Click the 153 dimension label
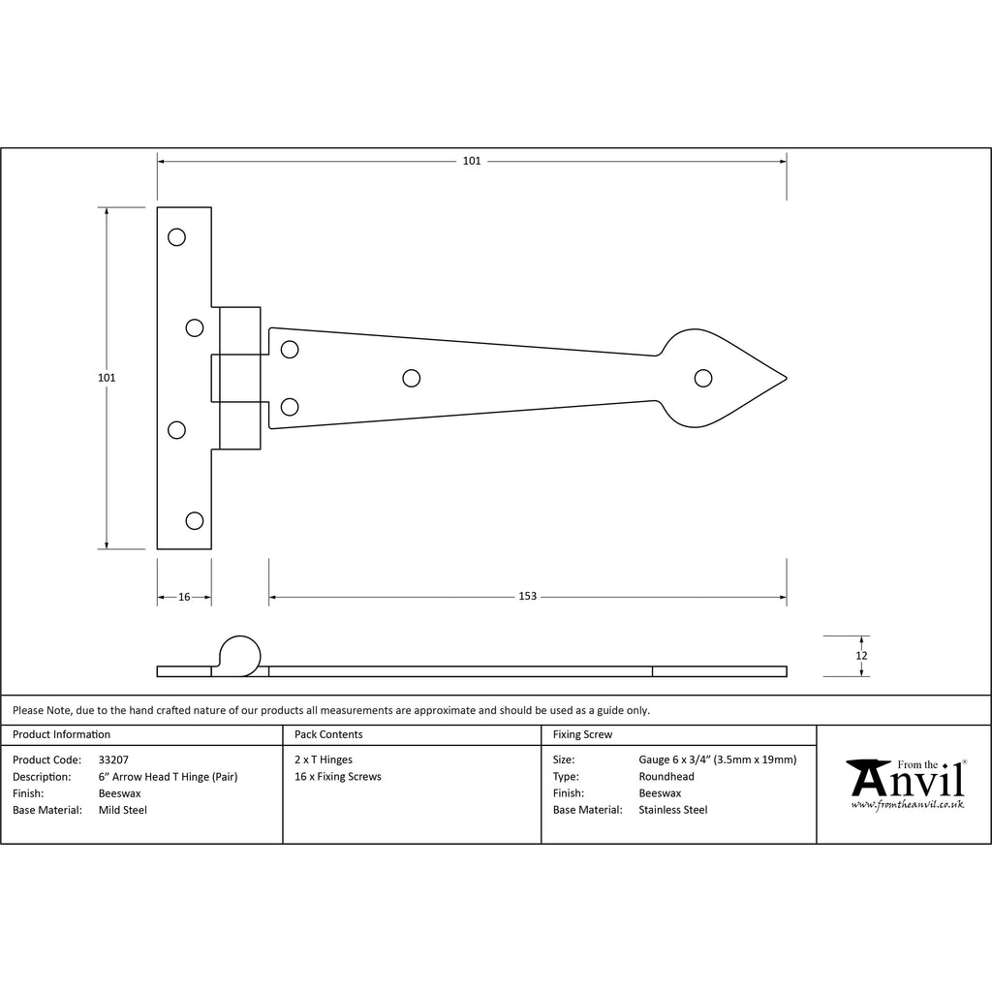coord(527,596)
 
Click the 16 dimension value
coord(184,597)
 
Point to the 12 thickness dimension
coord(861,656)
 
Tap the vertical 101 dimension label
coord(107,378)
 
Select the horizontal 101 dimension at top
coord(472,161)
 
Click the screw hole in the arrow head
coord(703,379)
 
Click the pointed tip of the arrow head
coord(787,379)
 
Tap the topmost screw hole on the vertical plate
coord(176,237)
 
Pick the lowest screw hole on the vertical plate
coord(194,520)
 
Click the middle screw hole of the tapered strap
coord(411,379)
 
